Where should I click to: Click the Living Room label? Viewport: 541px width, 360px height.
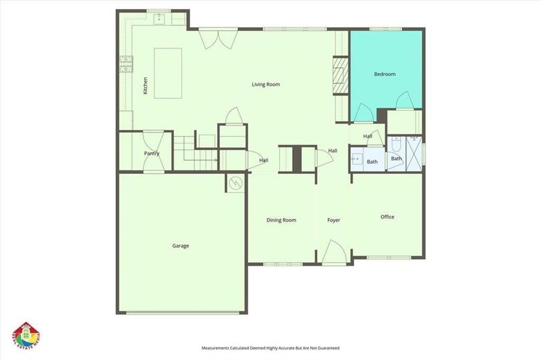click(x=266, y=85)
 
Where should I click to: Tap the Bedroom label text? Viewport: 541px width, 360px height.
click(x=384, y=74)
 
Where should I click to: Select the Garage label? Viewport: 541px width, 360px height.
click(x=181, y=245)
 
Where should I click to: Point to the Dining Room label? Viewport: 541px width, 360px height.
click(x=281, y=220)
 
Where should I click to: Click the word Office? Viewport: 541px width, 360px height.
click(x=387, y=217)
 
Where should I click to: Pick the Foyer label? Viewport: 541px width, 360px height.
click(x=333, y=220)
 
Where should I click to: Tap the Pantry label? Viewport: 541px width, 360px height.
click(x=152, y=154)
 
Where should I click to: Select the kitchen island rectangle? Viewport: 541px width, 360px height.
click(x=168, y=73)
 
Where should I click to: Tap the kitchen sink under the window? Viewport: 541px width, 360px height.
click(x=160, y=19)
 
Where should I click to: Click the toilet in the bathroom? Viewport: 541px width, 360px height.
click(x=396, y=145)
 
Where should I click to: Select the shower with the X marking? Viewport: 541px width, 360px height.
click(x=414, y=150)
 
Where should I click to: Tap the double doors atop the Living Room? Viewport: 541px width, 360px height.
click(x=214, y=39)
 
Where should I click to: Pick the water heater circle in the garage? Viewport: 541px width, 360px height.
click(x=236, y=182)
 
